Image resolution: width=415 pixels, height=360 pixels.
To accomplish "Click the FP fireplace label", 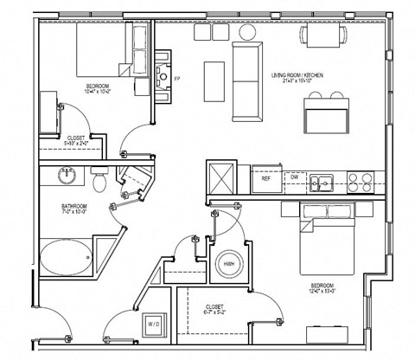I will tap(176, 80).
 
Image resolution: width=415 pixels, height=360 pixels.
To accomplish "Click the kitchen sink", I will tap(322, 182).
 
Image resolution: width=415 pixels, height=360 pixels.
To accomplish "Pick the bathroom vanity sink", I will tap(65, 177).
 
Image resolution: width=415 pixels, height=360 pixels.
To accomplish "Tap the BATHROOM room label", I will tap(73, 206).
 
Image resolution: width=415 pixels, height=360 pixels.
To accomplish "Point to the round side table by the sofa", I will tap(247, 33).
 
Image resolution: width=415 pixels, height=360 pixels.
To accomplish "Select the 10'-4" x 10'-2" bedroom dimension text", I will tap(98, 90).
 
